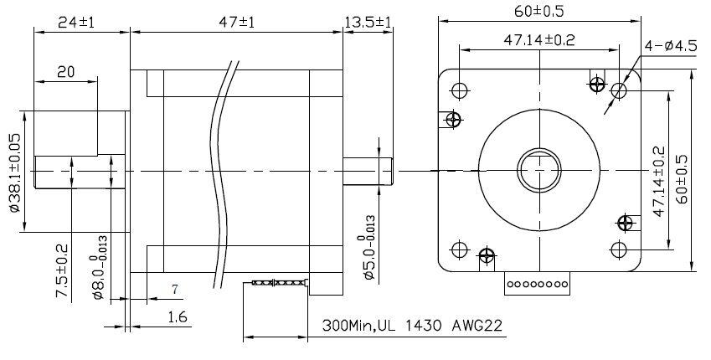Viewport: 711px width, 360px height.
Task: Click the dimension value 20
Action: click(65, 73)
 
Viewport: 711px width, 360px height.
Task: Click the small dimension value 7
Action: click(174, 290)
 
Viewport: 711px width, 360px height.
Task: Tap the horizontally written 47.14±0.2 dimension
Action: click(536, 39)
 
